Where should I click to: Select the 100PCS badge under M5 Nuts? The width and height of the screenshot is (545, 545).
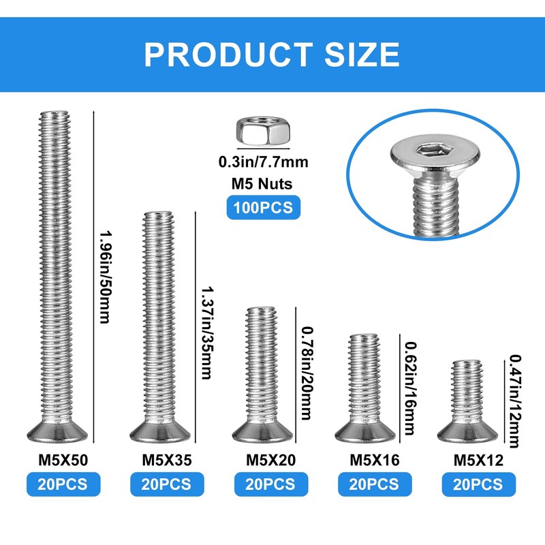pos(263,206)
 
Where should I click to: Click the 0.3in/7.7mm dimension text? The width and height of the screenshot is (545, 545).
pos(263,162)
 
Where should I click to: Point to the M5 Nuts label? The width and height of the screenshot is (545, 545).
pos(263,183)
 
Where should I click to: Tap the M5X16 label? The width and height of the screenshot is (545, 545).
pos(374,460)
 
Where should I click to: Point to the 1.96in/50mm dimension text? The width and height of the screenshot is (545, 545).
pos(104,277)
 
